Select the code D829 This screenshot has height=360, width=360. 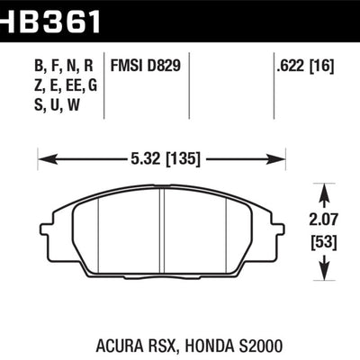pyautogui.click(x=161, y=65)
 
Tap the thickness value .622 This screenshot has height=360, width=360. pyautogui.click(x=289, y=65)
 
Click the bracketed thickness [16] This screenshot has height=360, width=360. pyautogui.click(x=320, y=65)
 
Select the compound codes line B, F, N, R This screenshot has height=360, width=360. pyautogui.click(x=53, y=65)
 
